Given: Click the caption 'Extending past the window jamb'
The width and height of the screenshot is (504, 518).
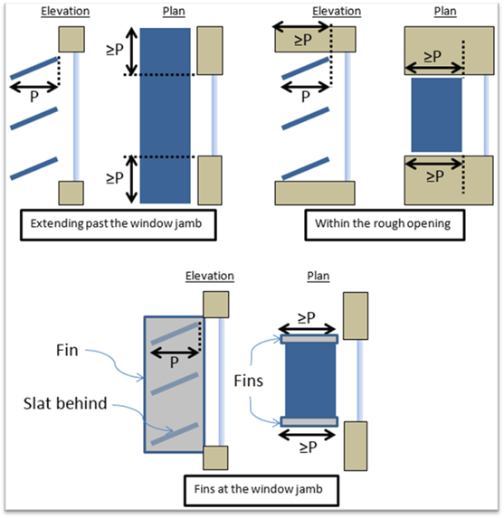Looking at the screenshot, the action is pos(116,223).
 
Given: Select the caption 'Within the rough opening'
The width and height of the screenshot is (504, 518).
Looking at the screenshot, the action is pos(383,223).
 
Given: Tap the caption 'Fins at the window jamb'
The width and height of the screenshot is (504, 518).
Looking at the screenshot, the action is pos(258,489).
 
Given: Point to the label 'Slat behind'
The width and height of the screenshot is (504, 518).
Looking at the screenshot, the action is pos(65,403).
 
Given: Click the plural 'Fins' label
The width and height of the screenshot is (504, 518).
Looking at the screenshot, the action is pos(248,381).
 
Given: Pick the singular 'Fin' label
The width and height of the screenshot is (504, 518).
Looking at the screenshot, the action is pos(67,350).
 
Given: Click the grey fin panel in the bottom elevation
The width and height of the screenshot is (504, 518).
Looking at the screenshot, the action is pos(174,384).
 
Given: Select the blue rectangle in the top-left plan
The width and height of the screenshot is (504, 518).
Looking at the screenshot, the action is pos(165,116).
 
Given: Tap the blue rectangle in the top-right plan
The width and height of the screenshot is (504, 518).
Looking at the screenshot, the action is pos(436,115).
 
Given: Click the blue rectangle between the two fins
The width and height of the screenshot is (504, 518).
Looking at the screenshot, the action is pos(310,381).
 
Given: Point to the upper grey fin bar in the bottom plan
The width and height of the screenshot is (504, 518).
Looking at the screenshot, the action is pos(309,339).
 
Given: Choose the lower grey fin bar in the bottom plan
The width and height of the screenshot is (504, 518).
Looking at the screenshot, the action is pos(309,421).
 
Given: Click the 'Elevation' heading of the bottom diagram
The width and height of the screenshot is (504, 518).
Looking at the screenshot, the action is pos(210,276).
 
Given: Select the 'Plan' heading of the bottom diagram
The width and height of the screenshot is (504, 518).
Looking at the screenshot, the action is pos(319,276).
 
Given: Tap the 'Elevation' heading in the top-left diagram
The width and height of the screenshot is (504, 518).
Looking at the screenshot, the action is pos(65,11).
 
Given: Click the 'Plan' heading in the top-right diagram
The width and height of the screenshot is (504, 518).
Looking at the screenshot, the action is pos(445,11).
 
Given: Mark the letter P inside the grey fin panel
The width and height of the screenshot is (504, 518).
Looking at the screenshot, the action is pos(175,363).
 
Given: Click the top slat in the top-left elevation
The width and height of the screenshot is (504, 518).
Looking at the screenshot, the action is pos(34,69).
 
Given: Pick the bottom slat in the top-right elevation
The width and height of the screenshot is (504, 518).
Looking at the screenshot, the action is pos(306,169).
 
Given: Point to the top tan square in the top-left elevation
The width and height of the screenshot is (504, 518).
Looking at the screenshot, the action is pos(71,39).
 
